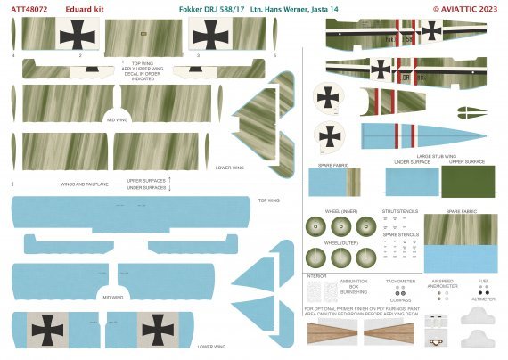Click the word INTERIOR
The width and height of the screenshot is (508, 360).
point(317,275)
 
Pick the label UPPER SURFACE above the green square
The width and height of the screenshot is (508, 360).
point(467,161)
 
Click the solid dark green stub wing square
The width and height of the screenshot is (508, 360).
point(467,184)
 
